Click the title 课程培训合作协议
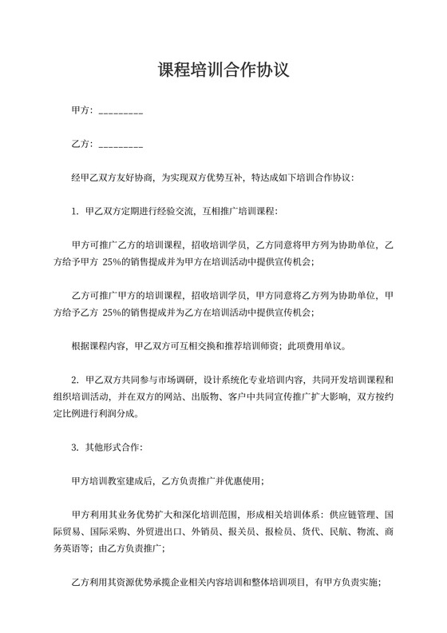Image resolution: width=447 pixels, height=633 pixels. [x=223, y=70]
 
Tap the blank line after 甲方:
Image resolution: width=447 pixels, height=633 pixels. [x=121, y=111]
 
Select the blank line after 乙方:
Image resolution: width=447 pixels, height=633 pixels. [x=121, y=145]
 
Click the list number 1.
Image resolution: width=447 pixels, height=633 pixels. [x=74, y=212]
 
